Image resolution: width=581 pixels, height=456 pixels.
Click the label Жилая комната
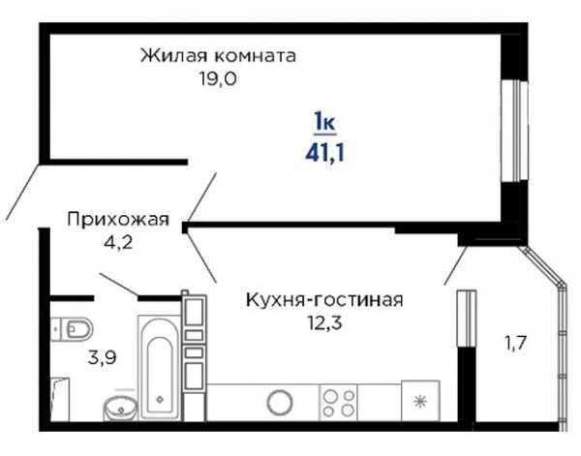coord(218,56)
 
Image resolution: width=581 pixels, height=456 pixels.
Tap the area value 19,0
coord(218,78)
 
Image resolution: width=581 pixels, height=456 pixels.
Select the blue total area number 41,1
coord(325,152)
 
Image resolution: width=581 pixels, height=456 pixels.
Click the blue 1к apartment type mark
coord(324,121)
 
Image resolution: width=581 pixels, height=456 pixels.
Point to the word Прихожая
coord(118,220)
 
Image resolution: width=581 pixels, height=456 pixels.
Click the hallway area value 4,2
coord(119,243)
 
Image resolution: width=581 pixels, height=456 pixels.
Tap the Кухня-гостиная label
coord(324,300)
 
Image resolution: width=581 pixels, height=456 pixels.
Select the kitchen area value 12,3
coord(324,323)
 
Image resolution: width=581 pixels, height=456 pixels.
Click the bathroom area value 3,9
coord(103,357)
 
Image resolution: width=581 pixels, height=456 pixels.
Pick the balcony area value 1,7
coord(515,343)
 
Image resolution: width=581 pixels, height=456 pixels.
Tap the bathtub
coord(160,368)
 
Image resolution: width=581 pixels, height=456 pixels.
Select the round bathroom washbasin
coord(120,409)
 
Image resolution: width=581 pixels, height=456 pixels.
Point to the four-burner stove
coord(338,403)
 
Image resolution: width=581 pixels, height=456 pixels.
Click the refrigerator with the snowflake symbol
coord(420,401)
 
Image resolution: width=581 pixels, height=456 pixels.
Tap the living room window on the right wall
coord(515,131)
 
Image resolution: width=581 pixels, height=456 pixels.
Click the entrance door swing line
coord(22,191)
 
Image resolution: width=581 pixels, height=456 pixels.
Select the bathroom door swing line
coord(119,285)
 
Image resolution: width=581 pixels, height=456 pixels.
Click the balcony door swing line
coord(455,265)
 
